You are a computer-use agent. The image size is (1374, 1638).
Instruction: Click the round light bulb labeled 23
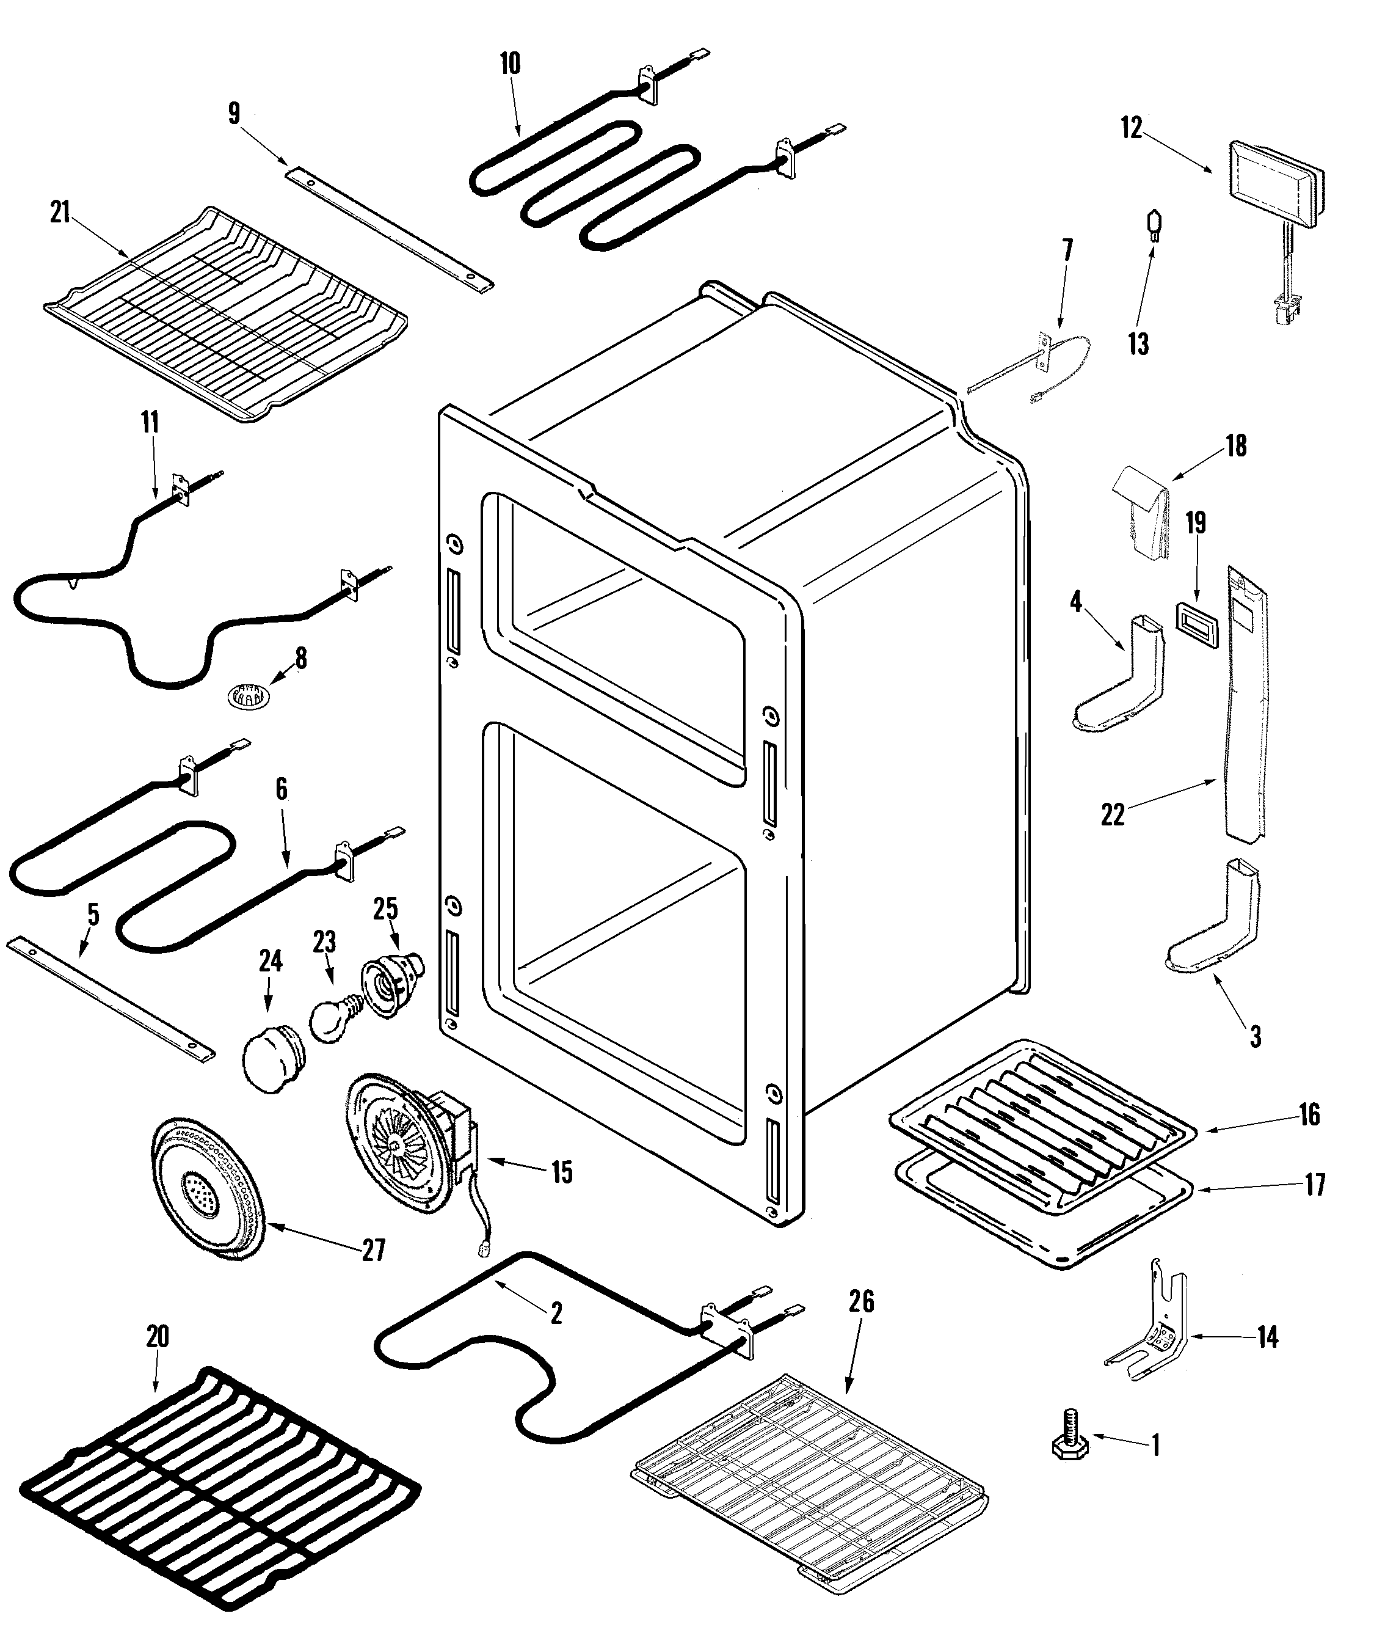(332, 1018)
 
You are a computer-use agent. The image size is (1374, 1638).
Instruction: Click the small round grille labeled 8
(249, 693)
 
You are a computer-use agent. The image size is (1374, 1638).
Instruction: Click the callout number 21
(60, 212)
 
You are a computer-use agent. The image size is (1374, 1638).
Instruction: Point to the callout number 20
(158, 1336)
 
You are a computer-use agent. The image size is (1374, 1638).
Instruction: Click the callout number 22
(1112, 815)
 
